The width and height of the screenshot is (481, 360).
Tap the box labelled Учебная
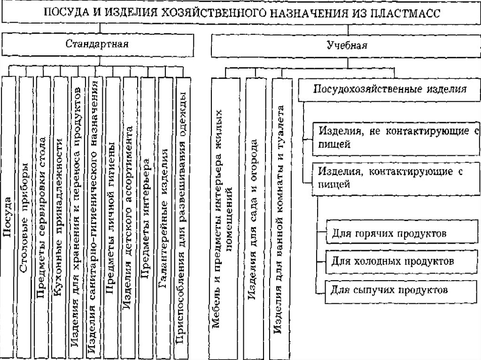pyautogui.click(x=347, y=46)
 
